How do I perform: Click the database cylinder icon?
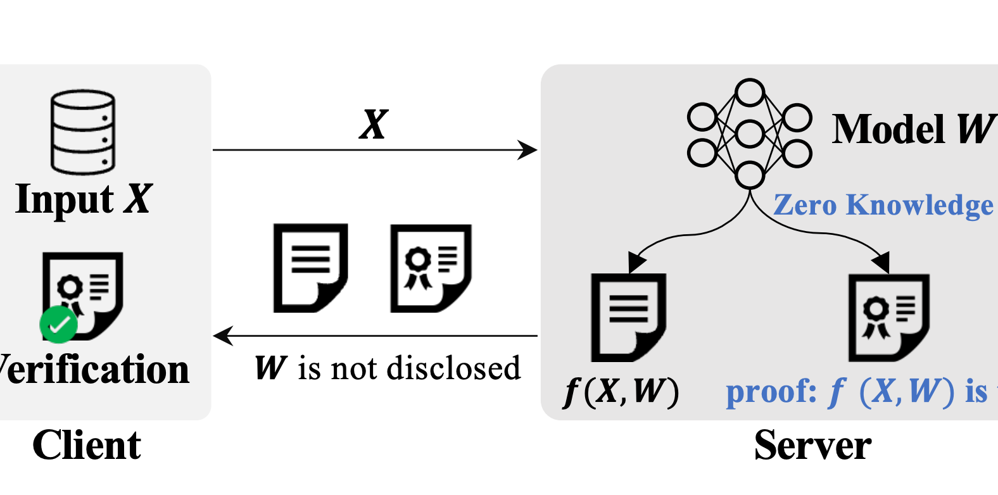tap(83, 132)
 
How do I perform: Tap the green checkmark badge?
tap(58, 324)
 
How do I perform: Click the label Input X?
tap(84, 199)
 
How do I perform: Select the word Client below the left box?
tap(87, 445)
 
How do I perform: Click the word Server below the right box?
tap(812, 445)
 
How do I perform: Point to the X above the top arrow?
tap(374, 124)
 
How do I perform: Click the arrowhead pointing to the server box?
tap(528, 150)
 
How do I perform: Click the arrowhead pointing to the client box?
tap(223, 335)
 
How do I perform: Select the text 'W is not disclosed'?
tap(388, 368)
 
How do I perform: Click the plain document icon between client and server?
tap(310, 268)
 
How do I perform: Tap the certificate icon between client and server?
tap(431, 268)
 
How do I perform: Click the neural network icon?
tap(750, 134)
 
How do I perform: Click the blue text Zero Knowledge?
tap(883, 205)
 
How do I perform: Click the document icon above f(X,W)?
tap(628, 317)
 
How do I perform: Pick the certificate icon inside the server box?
tap(888, 317)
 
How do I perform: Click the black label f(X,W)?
tap(621, 392)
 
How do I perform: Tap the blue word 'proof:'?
tap(771, 392)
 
